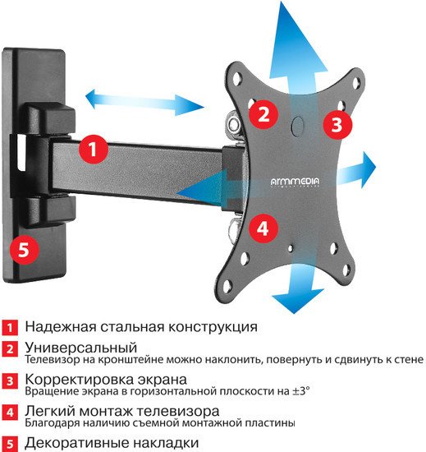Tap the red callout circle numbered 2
[x=263, y=113]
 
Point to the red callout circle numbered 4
[x=262, y=228]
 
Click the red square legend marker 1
[x=9, y=326]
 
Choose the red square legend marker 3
[x=9, y=381]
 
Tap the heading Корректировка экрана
[x=106, y=379]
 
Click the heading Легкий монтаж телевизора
[x=121, y=410]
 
